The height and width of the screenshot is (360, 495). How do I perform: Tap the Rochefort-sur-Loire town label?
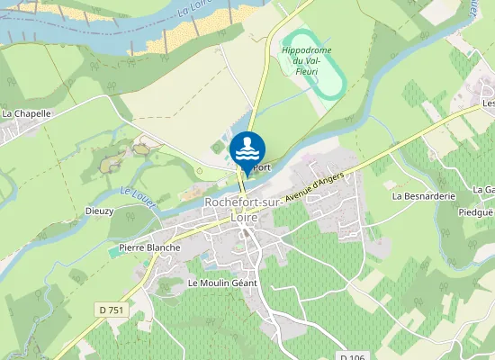click(244, 210)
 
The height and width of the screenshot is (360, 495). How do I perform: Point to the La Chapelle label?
click(27, 114)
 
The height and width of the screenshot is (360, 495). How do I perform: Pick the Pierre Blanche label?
click(149, 247)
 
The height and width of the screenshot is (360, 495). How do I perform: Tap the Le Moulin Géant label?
click(222, 283)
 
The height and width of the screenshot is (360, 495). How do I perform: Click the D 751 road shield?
click(110, 310)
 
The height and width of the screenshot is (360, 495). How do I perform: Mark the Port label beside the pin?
click(261, 167)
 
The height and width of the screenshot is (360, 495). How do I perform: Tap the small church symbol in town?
click(245, 232)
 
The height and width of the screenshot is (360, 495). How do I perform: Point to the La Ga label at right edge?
click(484, 191)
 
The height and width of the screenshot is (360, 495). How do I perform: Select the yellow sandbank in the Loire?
click(193, 31)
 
